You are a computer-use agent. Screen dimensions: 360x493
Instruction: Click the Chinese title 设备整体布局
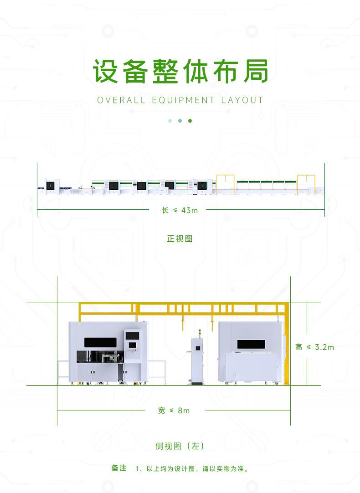[180, 71]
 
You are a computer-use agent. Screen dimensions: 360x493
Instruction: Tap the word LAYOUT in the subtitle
[242, 100]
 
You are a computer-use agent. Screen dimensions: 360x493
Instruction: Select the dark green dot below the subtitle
[190, 121]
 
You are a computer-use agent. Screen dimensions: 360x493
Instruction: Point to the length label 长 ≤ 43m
[180, 210]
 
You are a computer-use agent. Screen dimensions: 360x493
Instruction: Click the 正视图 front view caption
[180, 239]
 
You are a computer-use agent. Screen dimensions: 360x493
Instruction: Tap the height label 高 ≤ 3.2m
[314, 347]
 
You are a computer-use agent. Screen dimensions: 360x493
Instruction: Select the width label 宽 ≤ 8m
[174, 410]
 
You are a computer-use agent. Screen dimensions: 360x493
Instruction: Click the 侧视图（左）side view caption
[180, 446]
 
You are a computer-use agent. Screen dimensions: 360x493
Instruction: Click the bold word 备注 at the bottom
[119, 468]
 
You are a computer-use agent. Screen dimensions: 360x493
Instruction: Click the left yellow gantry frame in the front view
[225, 184]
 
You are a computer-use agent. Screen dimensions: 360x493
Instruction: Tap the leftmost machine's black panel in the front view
[50, 185]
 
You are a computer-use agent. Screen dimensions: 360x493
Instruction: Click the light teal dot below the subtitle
[170, 121]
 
